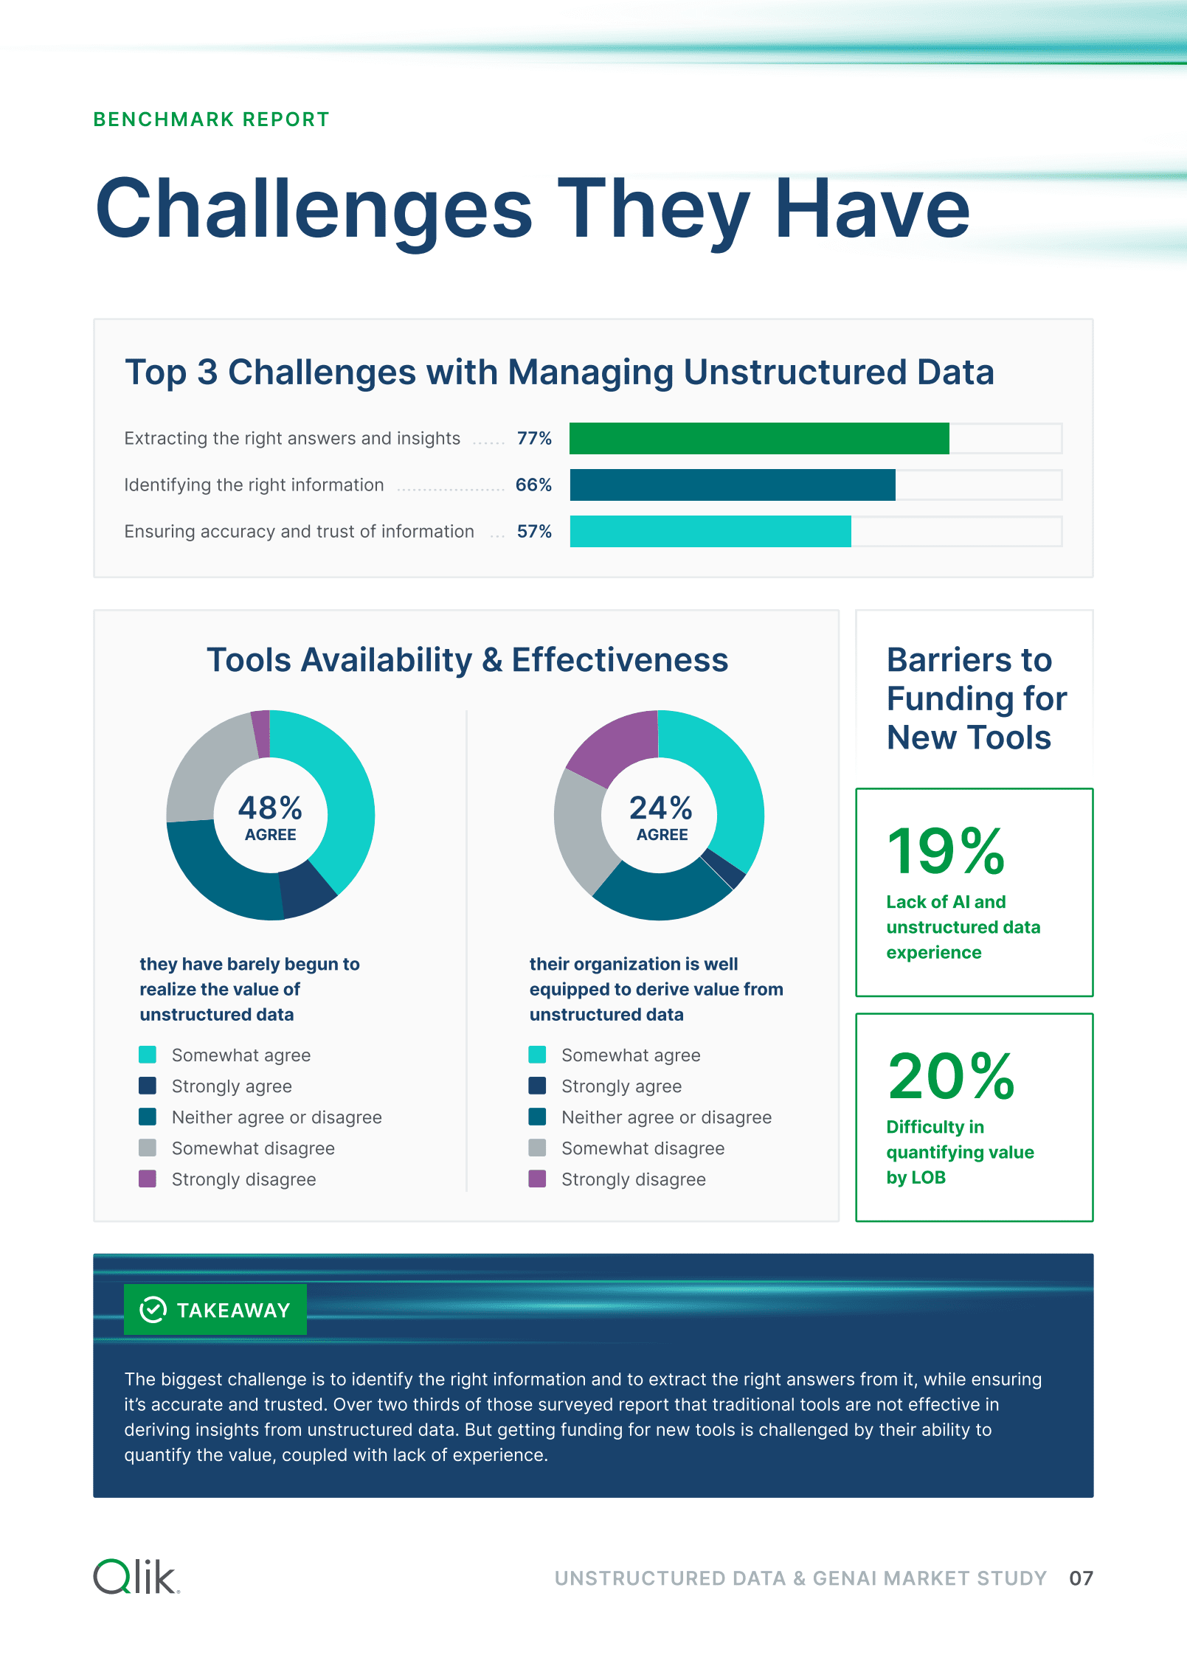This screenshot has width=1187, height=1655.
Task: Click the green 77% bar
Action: pos(759,438)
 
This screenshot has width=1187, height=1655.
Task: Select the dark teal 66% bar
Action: pos(733,485)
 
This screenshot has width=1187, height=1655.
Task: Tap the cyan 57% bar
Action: pos(710,531)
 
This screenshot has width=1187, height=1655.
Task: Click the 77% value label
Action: pos(534,438)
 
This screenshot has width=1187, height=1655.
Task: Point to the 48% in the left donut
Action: pos(270,808)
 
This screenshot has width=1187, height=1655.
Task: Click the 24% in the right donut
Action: pos(661,808)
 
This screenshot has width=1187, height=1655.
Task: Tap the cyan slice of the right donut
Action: pos(727,782)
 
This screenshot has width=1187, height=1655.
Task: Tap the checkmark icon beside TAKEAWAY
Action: pos(153,1310)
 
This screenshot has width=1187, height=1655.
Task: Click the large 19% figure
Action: pos(946,851)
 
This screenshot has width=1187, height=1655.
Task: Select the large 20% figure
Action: pos(951,1076)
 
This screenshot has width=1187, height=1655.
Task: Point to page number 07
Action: pos(1081,1578)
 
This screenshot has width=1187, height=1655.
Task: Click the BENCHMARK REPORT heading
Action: pos(211,119)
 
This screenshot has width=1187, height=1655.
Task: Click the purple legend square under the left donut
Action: pos(148,1179)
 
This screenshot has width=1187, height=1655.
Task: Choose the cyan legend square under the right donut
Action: pos(537,1055)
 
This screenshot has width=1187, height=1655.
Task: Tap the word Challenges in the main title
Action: pos(314,209)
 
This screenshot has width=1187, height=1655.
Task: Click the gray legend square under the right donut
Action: pos(537,1148)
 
